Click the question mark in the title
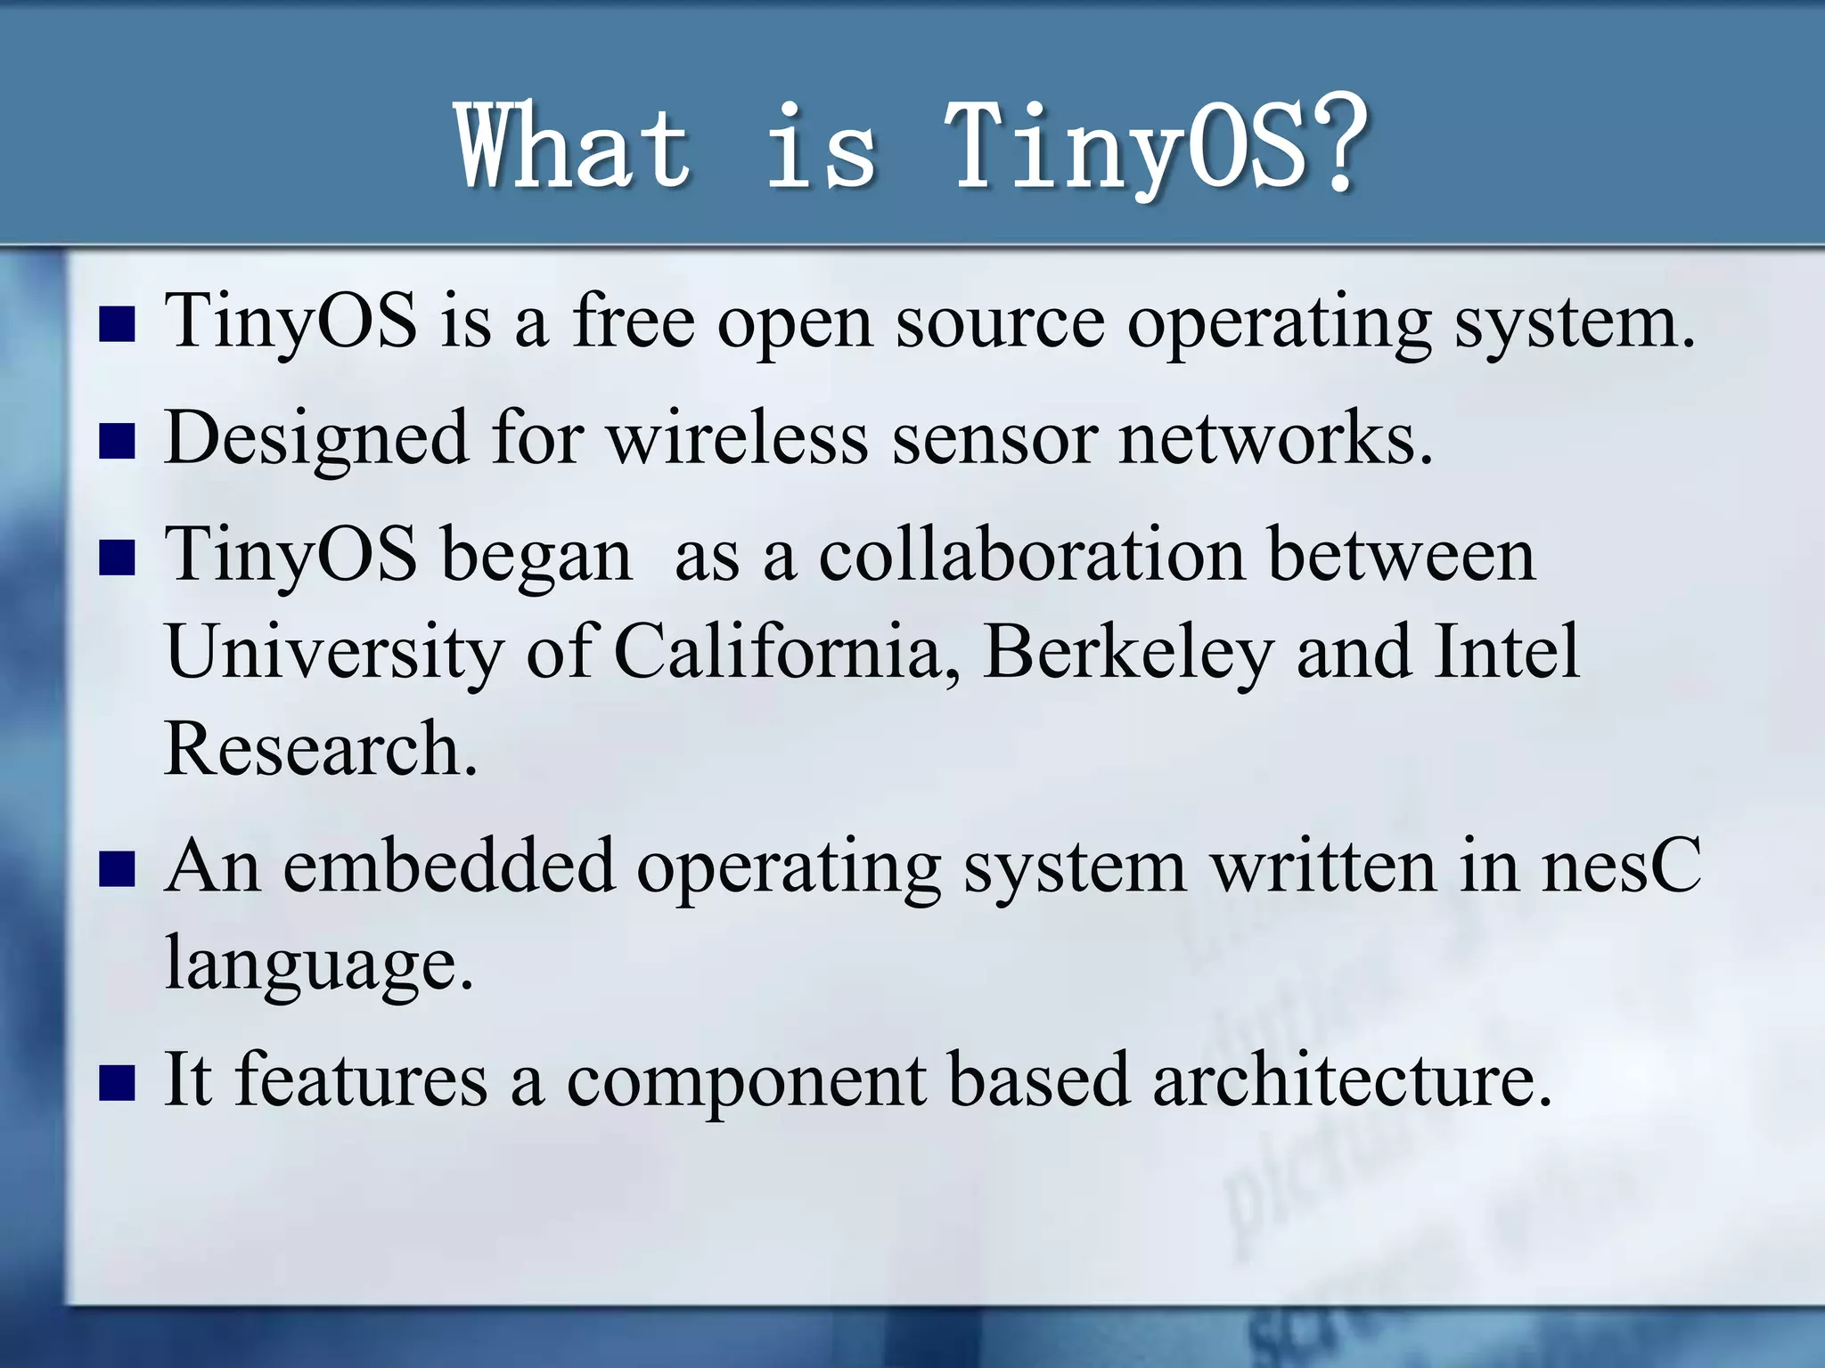coord(1334,144)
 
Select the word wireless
coord(738,438)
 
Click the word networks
coord(1274,438)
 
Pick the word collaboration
coord(1031,554)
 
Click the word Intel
coord(1507,650)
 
